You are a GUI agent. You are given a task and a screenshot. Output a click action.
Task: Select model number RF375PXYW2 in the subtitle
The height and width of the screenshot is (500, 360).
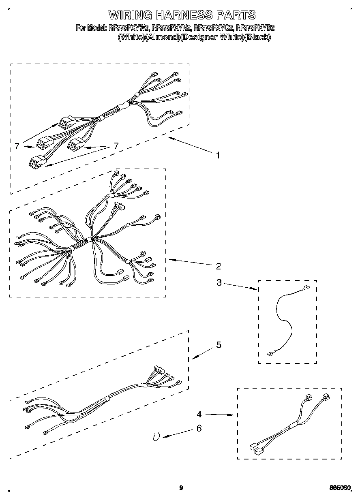[129, 28]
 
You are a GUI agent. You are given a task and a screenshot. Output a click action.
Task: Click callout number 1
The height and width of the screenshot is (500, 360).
[218, 155]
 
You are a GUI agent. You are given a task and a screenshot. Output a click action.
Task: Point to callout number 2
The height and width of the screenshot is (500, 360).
[218, 266]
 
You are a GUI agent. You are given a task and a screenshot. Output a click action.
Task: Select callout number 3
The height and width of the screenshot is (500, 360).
[219, 283]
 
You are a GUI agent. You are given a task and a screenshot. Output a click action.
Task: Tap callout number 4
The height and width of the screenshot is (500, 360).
[199, 415]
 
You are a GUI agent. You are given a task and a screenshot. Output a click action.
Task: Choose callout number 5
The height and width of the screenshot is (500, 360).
[219, 345]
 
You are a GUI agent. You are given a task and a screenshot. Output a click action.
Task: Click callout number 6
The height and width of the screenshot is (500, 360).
[199, 428]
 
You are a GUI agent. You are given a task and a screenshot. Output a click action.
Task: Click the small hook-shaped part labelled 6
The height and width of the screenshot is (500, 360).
[156, 436]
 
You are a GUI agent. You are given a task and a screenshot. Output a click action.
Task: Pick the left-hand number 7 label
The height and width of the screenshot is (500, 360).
[17, 146]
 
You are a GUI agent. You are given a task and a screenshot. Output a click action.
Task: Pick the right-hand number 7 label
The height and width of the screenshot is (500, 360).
[116, 146]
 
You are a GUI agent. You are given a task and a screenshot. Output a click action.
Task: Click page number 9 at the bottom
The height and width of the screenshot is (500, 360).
[181, 488]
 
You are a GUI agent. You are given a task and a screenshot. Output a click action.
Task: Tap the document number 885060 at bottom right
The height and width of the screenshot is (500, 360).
[340, 487]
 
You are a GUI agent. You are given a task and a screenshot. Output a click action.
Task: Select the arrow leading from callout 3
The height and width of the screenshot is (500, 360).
[240, 286]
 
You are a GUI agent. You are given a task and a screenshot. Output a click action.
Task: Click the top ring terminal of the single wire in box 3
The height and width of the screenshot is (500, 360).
[306, 288]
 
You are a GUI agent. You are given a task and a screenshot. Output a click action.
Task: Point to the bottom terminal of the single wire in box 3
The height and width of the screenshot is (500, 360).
[270, 354]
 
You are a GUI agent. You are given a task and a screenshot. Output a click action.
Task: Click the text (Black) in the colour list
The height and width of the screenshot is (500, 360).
[258, 37]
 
